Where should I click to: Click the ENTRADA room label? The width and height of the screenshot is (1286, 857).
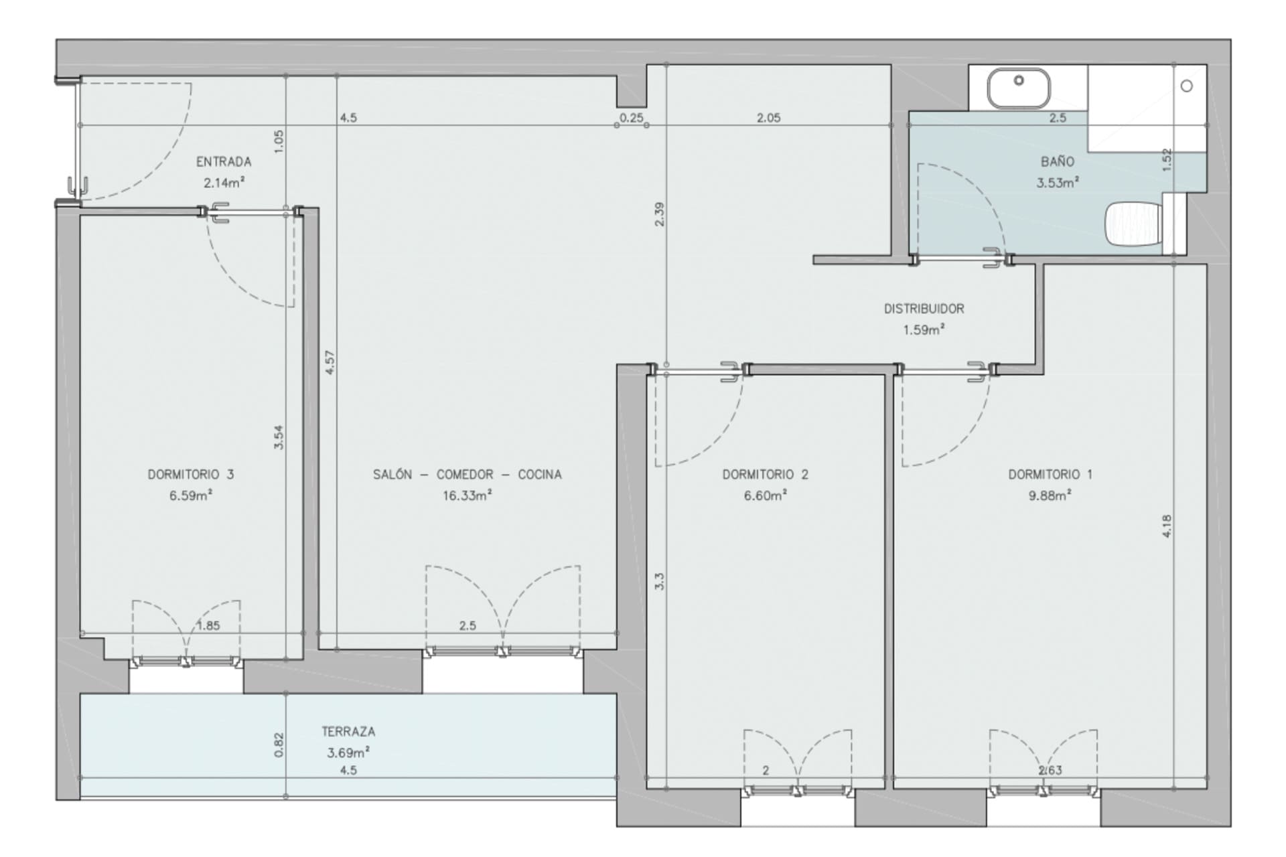coord(224,162)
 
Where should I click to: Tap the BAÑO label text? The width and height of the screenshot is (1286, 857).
coord(1058,161)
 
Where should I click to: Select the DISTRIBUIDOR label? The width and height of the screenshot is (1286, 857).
coord(924,309)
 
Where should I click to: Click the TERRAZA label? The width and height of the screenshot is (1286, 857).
coord(348,732)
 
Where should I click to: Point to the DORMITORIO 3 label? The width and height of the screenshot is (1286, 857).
coord(191,475)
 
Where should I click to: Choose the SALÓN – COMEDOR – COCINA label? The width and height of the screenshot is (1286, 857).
coord(468,475)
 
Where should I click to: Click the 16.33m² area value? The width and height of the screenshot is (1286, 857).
coord(468,495)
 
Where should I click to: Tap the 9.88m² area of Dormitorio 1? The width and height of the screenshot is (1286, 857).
coord(1050,495)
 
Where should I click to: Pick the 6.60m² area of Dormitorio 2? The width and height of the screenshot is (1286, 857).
coord(766,495)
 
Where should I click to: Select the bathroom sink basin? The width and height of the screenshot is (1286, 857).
coord(1019,88)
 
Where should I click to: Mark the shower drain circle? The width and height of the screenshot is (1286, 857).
coord(1187,86)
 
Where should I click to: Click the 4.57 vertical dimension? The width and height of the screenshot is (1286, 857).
coord(329,362)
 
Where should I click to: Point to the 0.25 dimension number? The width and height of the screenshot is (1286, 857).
coord(631,118)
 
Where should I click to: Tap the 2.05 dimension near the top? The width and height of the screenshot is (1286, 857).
coord(769,118)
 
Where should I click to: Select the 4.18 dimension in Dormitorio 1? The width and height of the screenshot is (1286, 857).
coord(1167,526)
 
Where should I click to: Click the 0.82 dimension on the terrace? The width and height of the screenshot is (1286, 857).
coord(279,745)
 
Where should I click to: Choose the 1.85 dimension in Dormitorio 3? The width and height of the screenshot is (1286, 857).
coord(208,626)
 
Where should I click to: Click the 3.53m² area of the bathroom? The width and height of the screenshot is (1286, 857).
coord(1058,182)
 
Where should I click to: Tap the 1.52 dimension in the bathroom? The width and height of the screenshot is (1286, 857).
coord(1167,159)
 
